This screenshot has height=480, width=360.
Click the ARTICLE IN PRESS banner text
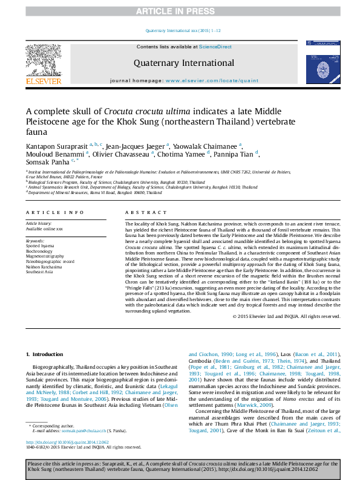tap(179, 11)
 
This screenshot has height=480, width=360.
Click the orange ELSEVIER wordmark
tap(44, 81)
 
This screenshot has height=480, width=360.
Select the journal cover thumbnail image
tap(323, 62)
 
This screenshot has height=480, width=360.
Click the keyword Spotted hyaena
tap(39, 247)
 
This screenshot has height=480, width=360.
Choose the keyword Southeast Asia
tap(39, 271)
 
